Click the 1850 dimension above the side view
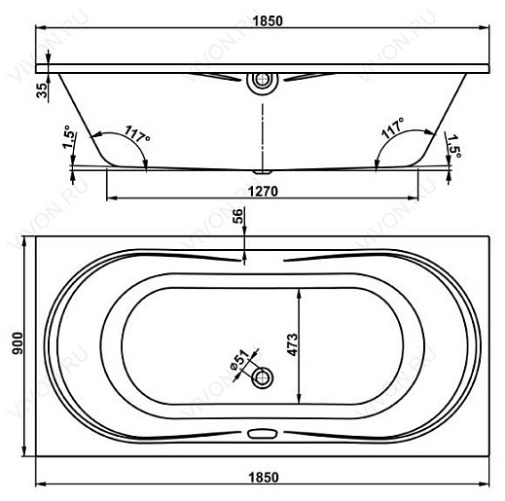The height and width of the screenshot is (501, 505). [268, 21]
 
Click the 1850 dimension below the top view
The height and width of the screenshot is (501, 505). [264, 478]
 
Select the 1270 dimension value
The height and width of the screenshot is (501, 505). [263, 192]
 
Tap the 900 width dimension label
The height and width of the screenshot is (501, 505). [18, 343]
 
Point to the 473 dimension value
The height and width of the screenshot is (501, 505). [292, 344]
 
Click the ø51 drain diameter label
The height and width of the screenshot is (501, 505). [239, 361]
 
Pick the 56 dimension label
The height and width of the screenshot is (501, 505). [237, 216]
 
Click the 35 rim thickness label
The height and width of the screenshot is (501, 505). [42, 90]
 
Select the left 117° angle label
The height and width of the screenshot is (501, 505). [137, 134]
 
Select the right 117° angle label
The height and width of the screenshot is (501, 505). [392, 127]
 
